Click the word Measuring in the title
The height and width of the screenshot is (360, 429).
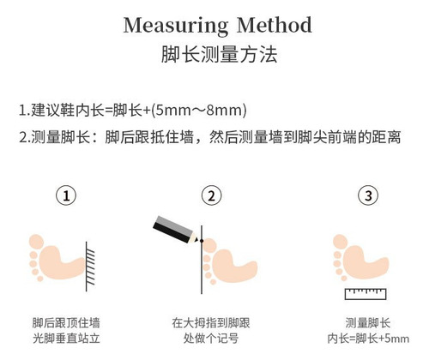(x=176, y=27)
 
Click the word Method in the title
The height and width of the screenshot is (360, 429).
(x=275, y=25)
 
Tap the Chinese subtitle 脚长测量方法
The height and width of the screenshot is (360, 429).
(x=219, y=54)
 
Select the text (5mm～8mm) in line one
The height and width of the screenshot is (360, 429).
(x=199, y=111)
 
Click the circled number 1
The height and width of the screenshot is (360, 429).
(x=66, y=195)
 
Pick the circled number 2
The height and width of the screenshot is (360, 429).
(x=211, y=195)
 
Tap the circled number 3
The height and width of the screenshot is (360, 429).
(x=368, y=195)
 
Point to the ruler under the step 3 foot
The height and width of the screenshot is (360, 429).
(x=366, y=294)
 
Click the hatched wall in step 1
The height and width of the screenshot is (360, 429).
(x=90, y=267)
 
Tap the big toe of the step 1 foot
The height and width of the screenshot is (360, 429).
(x=36, y=242)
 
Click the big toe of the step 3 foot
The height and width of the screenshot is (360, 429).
(x=341, y=242)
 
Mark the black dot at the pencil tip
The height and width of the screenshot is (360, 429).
(x=202, y=241)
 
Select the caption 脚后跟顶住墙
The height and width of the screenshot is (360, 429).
(x=66, y=323)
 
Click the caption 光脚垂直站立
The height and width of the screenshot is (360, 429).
(x=66, y=339)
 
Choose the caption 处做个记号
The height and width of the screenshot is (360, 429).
(x=211, y=339)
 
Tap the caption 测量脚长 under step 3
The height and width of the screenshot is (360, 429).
(x=368, y=323)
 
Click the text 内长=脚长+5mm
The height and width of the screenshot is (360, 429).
(x=368, y=339)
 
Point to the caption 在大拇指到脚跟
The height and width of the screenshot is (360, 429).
(x=211, y=323)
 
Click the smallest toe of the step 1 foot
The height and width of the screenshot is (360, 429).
(x=40, y=279)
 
